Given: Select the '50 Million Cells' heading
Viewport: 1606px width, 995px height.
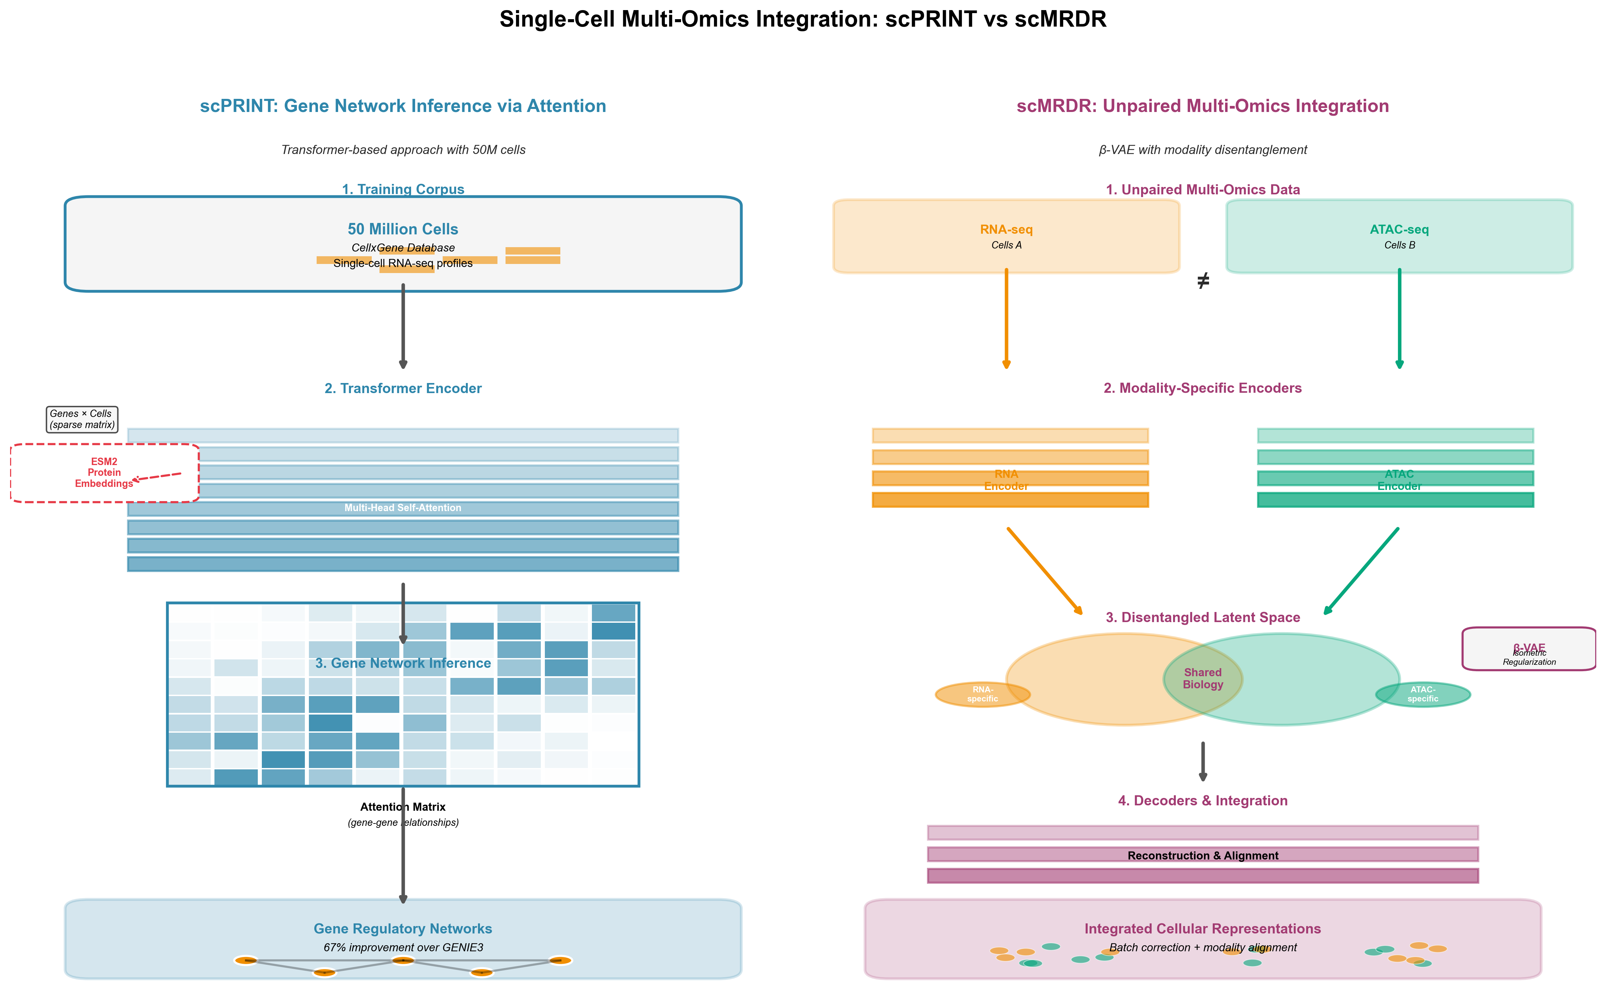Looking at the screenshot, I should (402, 229).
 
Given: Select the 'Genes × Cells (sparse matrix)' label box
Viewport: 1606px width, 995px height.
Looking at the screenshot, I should (82, 419).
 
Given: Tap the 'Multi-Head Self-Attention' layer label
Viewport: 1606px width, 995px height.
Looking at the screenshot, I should (402, 508).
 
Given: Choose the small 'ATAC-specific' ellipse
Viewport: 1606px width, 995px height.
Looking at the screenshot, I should (1422, 694).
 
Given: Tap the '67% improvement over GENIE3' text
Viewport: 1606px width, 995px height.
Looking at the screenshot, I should (402, 948).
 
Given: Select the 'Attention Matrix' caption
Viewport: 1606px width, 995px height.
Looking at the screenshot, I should (402, 807).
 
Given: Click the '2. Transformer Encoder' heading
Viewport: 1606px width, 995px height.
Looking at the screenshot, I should (402, 388).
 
